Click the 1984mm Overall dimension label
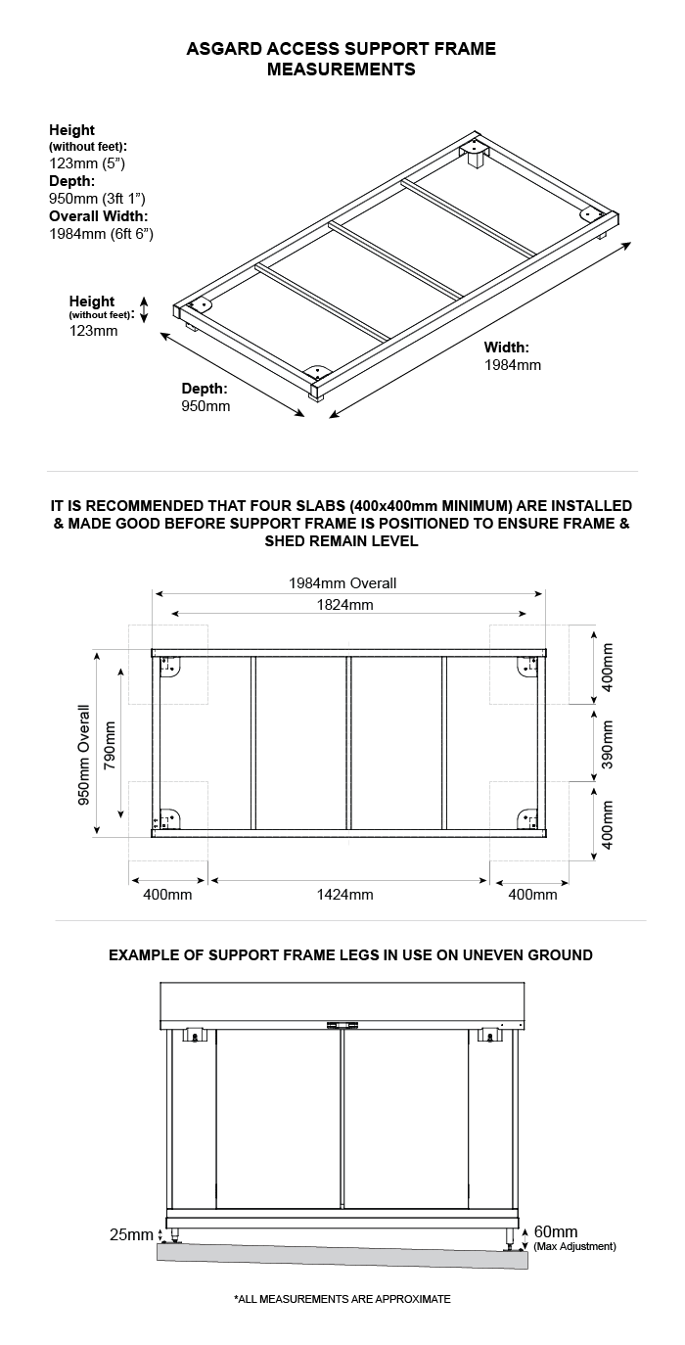point(342,583)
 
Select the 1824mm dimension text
point(343,605)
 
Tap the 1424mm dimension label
point(345,894)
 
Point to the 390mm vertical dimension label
point(607,744)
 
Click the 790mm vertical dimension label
point(110,747)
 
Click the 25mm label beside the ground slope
point(131,1234)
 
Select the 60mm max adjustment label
point(556,1231)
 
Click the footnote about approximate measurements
point(342,1299)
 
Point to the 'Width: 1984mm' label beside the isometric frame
point(512,356)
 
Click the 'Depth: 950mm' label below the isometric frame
point(205,397)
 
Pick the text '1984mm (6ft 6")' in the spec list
point(101,234)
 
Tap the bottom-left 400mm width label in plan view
point(167,894)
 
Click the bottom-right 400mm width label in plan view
point(532,894)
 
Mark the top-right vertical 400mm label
point(607,668)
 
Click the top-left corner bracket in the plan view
point(169,667)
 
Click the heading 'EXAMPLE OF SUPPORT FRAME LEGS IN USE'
point(350,954)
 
